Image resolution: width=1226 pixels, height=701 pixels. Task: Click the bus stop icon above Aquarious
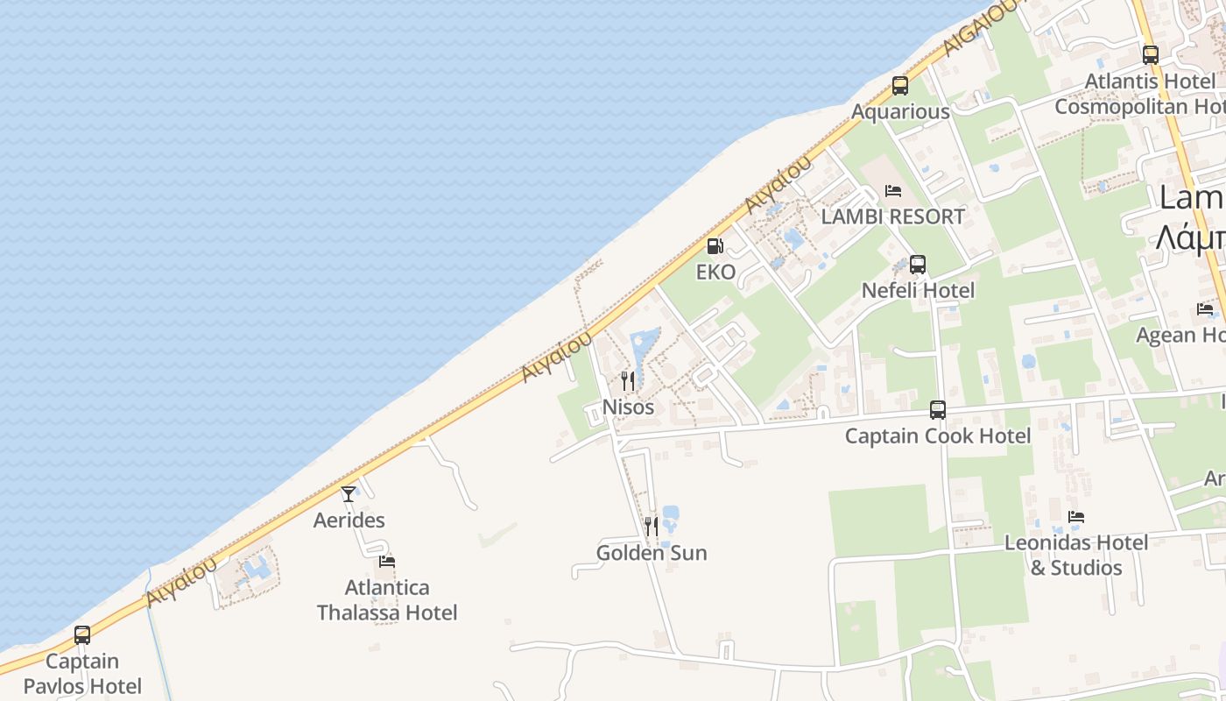coord(900,86)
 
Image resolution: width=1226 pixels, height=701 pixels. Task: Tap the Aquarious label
coord(900,112)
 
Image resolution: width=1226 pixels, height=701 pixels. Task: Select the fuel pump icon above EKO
coord(715,246)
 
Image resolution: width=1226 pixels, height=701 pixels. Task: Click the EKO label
coord(715,273)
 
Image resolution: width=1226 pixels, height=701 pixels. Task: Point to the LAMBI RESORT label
coord(892,216)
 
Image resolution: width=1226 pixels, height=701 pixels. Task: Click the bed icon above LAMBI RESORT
coord(893,190)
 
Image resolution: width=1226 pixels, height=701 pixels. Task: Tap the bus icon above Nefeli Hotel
coord(918,264)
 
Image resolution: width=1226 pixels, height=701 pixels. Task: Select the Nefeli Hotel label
coord(918,290)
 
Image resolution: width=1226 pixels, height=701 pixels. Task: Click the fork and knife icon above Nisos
coord(627,380)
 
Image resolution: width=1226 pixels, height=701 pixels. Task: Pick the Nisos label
coord(628,407)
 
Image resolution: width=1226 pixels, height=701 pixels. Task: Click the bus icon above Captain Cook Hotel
coord(938,409)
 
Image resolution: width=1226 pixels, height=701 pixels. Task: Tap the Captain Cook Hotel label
coord(937,435)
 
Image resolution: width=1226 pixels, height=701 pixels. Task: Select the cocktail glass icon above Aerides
coord(349,493)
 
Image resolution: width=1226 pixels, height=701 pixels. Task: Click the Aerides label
coord(349,520)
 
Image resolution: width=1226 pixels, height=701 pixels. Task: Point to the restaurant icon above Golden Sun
coord(651,526)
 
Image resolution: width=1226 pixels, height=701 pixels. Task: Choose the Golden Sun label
coord(651,553)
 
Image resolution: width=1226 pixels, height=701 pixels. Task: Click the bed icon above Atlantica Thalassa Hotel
coord(387,561)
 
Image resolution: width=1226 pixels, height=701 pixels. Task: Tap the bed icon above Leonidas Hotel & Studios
coord(1076,517)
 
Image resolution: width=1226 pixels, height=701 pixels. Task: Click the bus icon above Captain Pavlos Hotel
coord(82,634)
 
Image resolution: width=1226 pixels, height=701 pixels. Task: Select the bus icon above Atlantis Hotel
coord(1151,54)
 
